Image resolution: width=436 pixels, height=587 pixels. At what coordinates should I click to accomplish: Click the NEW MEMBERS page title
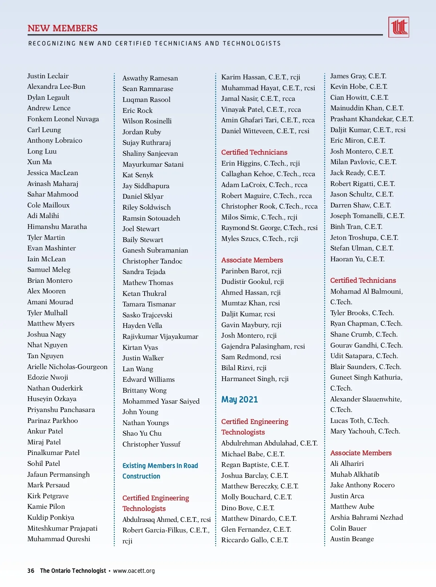tap(62, 28)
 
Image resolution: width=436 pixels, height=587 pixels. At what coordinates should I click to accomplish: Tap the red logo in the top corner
tap(399, 27)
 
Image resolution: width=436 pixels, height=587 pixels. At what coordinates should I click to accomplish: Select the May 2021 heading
tap(239, 400)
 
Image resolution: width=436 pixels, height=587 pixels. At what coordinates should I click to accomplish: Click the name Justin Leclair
tap(48, 76)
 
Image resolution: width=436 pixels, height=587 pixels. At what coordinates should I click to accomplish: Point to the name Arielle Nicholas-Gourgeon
tap(67, 367)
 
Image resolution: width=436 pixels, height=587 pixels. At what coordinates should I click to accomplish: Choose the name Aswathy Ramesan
tap(150, 78)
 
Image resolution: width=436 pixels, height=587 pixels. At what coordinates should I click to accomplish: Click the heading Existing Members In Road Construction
tap(160, 471)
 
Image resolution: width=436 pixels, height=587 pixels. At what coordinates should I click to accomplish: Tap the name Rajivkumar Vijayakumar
tap(160, 337)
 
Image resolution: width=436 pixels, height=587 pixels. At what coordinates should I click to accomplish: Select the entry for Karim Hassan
tap(261, 77)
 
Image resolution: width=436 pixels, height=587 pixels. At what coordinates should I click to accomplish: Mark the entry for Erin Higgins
tap(261, 163)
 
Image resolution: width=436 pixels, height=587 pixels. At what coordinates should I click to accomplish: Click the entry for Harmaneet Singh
tap(255, 379)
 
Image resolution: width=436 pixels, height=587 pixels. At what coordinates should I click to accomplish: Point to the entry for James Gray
tap(358, 76)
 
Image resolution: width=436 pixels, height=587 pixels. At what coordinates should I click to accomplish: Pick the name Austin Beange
tap(352, 539)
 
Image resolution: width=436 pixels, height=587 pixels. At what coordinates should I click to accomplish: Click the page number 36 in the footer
tap(31, 571)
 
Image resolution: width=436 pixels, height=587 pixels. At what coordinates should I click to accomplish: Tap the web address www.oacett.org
tap(134, 571)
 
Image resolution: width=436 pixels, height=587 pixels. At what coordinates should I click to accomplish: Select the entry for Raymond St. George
tap(269, 228)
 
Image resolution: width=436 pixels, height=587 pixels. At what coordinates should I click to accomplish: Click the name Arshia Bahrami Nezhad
tap(366, 517)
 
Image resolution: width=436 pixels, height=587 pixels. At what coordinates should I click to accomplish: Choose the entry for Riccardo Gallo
tap(255, 540)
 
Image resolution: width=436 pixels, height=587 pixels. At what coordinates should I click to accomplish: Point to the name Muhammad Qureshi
tap(58, 539)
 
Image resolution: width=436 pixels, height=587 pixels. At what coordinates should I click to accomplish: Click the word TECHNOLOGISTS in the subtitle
tap(252, 44)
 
